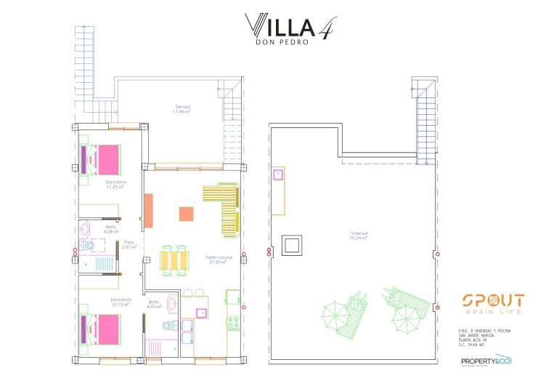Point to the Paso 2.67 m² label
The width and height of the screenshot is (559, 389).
(x=129, y=245)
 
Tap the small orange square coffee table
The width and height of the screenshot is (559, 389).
(x=187, y=214)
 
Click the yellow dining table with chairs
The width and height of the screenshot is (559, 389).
(x=175, y=260)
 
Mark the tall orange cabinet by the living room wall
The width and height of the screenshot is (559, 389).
(x=148, y=211)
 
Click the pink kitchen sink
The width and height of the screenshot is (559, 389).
(x=201, y=313)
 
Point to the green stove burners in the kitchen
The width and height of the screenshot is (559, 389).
(x=234, y=321)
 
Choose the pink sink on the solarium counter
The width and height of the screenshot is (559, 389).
(x=277, y=175)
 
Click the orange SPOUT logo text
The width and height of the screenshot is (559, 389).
(x=493, y=301)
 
